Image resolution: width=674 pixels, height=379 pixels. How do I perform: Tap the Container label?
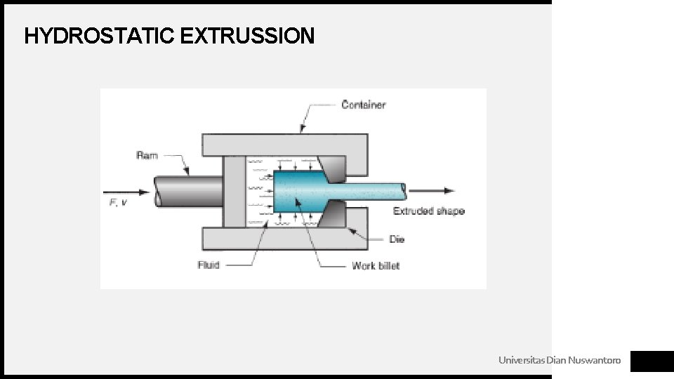(x=363, y=105)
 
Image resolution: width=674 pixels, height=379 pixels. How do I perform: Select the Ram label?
(x=147, y=155)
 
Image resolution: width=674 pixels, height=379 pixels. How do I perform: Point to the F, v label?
(x=117, y=203)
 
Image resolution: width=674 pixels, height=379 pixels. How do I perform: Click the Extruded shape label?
(x=428, y=211)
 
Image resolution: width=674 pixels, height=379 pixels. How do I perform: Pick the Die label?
(x=397, y=239)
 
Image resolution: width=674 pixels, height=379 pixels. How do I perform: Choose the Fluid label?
(x=209, y=265)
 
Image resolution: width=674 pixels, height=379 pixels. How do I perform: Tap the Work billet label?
(x=376, y=265)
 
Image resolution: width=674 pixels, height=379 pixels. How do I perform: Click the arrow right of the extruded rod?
(x=432, y=190)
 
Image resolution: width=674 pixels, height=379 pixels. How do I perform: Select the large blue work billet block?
(x=295, y=192)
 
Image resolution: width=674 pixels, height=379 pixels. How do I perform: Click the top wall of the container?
(x=281, y=145)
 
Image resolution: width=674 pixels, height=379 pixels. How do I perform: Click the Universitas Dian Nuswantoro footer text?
(x=560, y=360)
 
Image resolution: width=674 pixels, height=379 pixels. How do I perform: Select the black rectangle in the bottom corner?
(x=652, y=361)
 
